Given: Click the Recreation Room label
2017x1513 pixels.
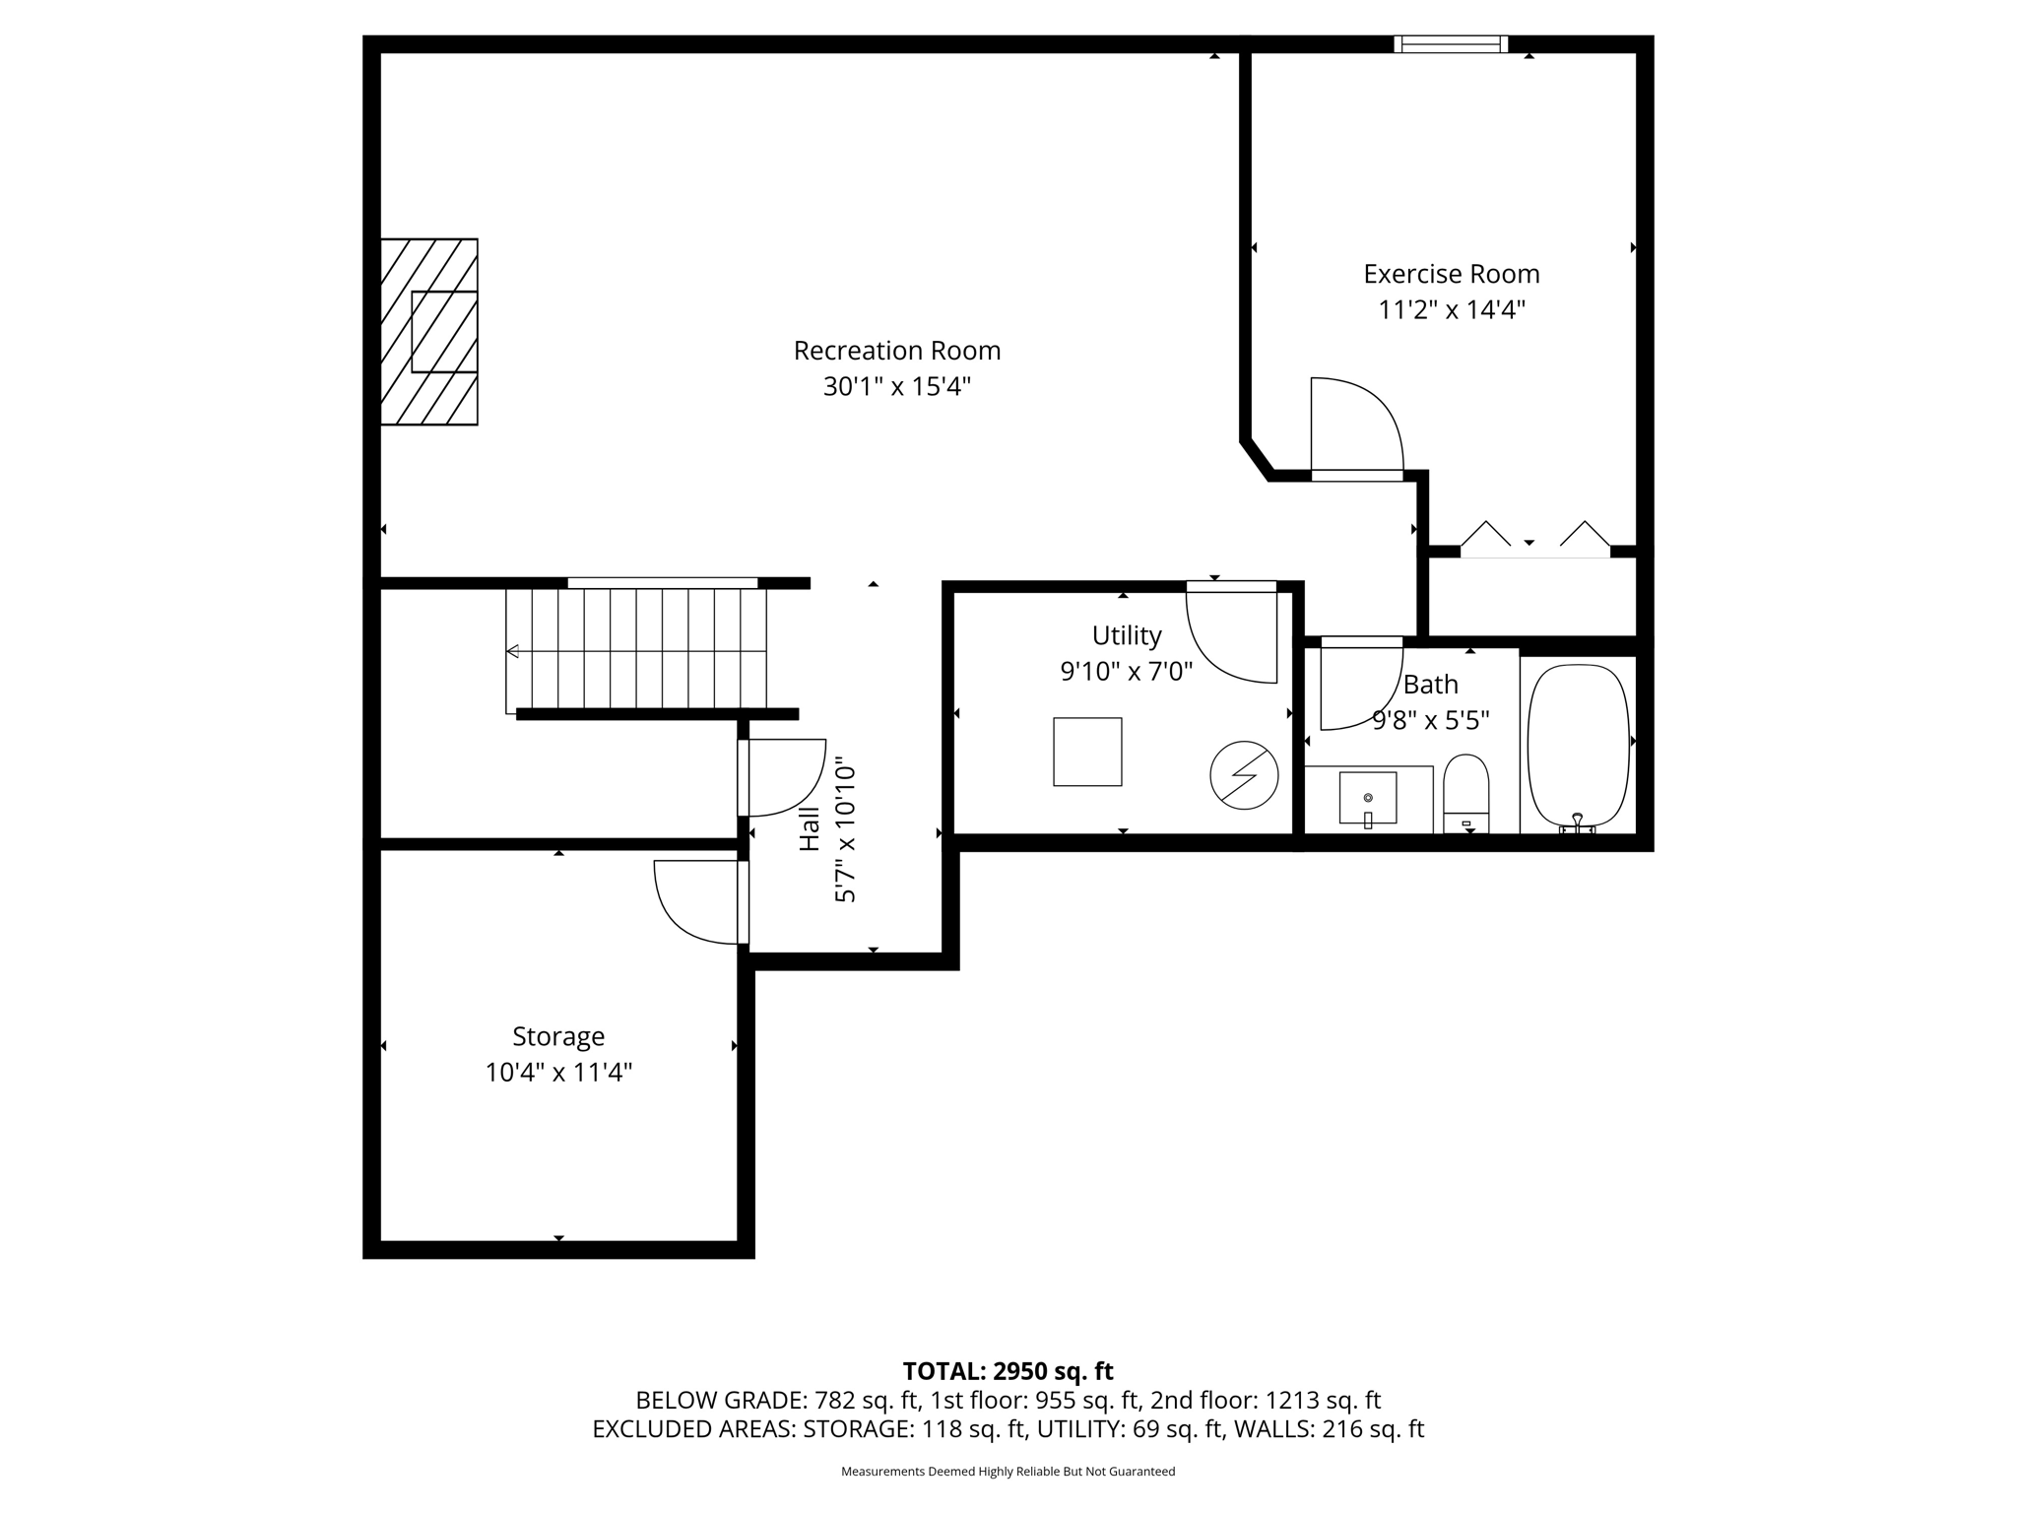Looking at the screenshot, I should click(896, 351).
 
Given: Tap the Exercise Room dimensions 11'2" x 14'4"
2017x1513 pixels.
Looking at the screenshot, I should click(1451, 310).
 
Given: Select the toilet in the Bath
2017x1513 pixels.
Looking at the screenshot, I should click(1465, 794).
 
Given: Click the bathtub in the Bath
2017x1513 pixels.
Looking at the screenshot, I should click(1578, 745).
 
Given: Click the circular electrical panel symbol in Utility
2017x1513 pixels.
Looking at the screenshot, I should click(1244, 775).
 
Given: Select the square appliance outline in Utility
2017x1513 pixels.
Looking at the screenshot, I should click(1087, 752).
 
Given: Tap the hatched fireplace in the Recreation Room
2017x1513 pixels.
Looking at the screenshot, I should click(429, 332).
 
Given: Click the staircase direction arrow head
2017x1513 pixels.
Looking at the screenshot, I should click(512, 651).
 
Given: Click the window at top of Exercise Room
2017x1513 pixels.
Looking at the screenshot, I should click(1450, 43).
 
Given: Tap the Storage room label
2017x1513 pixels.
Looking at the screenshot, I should click(557, 1036).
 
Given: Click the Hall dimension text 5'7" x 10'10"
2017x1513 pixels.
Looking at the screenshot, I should click(845, 829).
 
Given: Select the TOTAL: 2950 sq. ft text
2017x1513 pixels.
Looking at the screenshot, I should click(1008, 1371).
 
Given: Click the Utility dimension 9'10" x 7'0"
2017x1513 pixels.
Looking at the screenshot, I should click(1126, 672).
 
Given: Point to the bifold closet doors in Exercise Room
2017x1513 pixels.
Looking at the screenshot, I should click(1534, 540).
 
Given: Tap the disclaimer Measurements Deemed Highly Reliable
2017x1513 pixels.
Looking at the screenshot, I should click(1008, 1472).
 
